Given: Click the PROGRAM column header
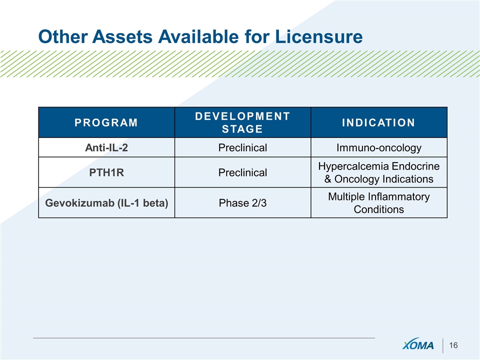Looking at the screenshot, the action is coord(106,122).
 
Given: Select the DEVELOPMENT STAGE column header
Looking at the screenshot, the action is coord(242,122).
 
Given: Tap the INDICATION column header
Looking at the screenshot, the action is coord(378,122).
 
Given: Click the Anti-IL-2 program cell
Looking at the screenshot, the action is coord(106,147).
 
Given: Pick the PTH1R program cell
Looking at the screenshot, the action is coord(106,172).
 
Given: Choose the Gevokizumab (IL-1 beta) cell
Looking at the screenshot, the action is coord(106,202).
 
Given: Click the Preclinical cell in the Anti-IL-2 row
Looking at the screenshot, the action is coord(242,147).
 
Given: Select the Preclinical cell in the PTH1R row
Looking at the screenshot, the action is coord(242,172).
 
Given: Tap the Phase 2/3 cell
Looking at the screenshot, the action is coord(242,202).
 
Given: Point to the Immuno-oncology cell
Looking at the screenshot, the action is coord(378,147).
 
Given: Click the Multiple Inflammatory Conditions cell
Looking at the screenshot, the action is coord(378,202).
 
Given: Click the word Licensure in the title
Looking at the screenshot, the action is coord(318,36).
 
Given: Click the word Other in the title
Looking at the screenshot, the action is coord(63,36).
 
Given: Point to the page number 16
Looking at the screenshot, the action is coord(453,345).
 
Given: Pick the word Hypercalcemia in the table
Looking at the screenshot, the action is coord(353,166).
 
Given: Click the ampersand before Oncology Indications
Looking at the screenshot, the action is coord(327,179).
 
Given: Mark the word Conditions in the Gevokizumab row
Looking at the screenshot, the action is coord(378,209).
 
